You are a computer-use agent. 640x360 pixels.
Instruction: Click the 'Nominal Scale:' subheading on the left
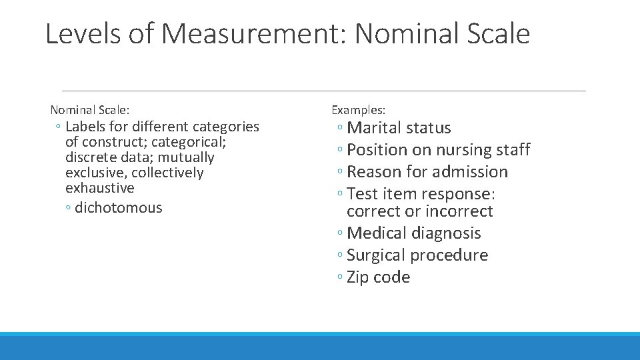(90, 109)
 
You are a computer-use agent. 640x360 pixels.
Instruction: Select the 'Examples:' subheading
(358, 109)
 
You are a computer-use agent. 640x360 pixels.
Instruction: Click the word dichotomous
(119, 208)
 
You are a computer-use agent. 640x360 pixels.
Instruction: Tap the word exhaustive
(100, 188)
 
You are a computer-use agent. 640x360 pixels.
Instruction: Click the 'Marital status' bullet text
(399, 128)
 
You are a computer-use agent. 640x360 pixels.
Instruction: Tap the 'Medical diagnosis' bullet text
(413, 233)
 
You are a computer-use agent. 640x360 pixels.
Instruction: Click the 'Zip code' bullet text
(378, 277)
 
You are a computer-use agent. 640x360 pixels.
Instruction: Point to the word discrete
(90, 158)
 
